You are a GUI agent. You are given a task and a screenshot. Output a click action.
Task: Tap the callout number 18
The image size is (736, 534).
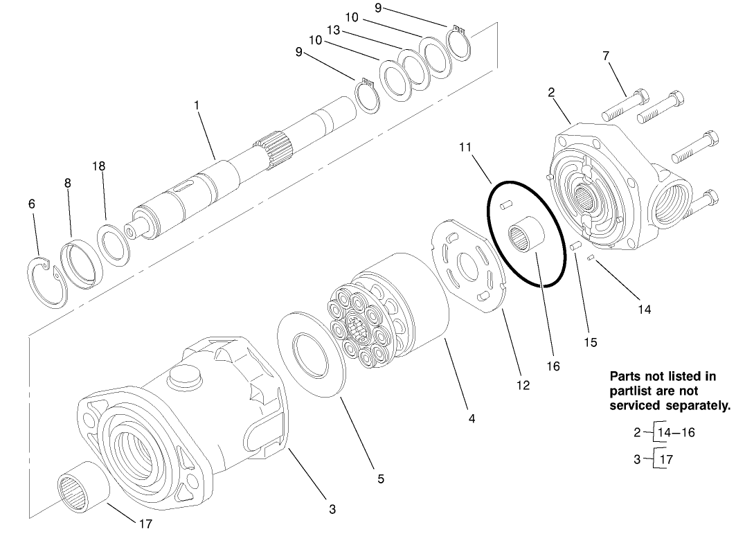[99, 166]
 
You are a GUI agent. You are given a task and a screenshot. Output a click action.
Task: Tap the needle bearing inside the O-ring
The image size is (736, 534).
[526, 240]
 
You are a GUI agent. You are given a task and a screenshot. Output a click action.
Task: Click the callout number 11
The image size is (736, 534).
[465, 147]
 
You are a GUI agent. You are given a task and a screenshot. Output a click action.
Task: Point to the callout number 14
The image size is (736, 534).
[644, 310]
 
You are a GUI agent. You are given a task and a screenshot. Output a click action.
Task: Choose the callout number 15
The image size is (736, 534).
[589, 342]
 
